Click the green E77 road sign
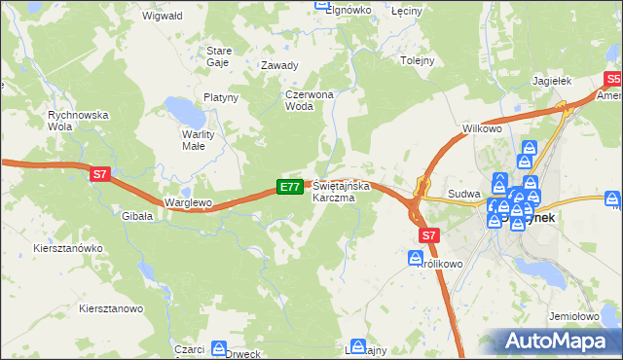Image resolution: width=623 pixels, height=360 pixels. point(289,186)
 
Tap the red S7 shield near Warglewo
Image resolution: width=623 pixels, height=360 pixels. point(100,175)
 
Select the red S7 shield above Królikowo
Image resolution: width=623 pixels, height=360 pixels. point(430,234)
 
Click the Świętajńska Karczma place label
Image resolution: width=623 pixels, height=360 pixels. point(334,192)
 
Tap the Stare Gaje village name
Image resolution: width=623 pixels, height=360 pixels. point(217,55)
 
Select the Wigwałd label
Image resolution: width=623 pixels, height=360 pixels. point(161,17)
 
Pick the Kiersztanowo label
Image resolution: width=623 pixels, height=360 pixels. point(111,308)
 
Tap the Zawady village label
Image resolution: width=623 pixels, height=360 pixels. point(278,66)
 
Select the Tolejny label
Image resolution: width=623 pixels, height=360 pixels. point(417,59)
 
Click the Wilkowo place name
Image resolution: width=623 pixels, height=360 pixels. point(482,128)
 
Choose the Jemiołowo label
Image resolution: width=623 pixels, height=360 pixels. point(573,316)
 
